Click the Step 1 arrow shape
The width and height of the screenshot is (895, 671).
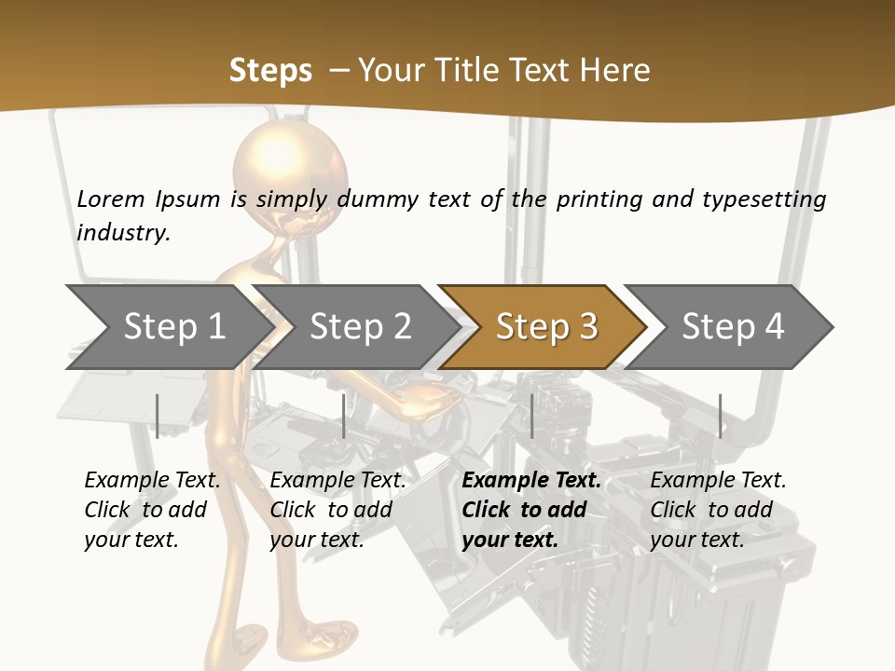pyautogui.click(x=168, y=327)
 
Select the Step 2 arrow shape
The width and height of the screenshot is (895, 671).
pyautogui.click(x=359, y=327)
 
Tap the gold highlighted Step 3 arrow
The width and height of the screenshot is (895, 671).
pyautogui.click(x=545, y=327)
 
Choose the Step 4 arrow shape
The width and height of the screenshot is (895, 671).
pyautogui.click(x=732, y=327)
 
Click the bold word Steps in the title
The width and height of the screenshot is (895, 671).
pyautogui.click(x=270, y=70)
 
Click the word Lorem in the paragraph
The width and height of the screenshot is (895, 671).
pyautogui.click(x=110, y=199)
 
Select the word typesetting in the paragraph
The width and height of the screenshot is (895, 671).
pyautogui.click(x=764, y=199)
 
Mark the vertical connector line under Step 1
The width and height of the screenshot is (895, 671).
pyautogui.click(x=158, y=416)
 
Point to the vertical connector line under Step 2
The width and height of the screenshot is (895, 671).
pyautogui.click(x=344, y=416)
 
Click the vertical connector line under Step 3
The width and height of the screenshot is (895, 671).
pyautogui.click(x=531, y=416)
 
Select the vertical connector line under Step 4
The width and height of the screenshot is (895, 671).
pyautogui.click(x=720, y=416)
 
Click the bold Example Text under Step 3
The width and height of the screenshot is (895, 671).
pyautogui.click(x=531, y=481)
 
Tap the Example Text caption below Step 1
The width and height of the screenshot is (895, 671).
pyautogui.click(x=152, y=481)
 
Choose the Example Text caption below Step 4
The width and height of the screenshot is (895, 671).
pyautogui.click(x=718, y=481)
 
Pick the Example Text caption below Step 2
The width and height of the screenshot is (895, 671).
pyautogui.click(x=337, y=481)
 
